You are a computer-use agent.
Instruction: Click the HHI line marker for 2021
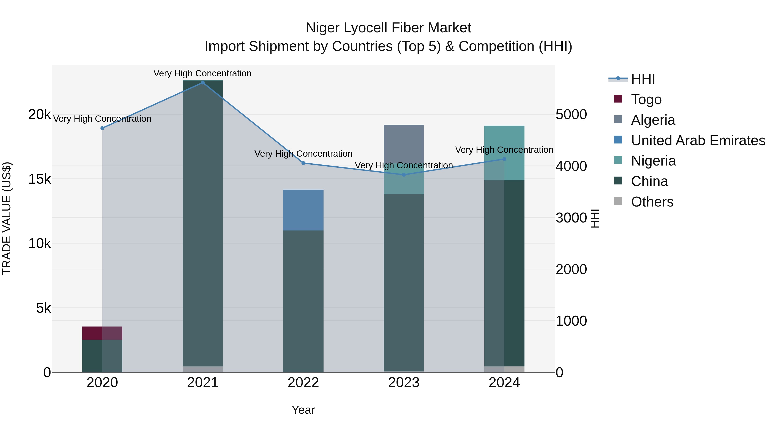(203, 82)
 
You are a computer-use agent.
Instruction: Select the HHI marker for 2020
(102, 128)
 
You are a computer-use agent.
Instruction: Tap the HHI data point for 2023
(404, 175)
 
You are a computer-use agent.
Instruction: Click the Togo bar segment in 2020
(102, 333)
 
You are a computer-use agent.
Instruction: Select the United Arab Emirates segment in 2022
(303, 210)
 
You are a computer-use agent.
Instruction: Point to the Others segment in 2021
(203, 369)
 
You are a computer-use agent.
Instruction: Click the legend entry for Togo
(646, 99)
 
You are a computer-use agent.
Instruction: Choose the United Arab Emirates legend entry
(698, 140)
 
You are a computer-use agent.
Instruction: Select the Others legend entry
(652, 202)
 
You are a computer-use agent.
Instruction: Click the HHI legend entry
(643, 79)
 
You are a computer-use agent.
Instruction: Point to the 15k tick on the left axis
(39, 179)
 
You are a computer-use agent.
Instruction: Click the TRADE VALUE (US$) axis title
(7, 218)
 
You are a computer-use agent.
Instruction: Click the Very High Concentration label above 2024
(504, 150)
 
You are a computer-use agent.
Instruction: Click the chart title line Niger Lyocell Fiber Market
(388, 28)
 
